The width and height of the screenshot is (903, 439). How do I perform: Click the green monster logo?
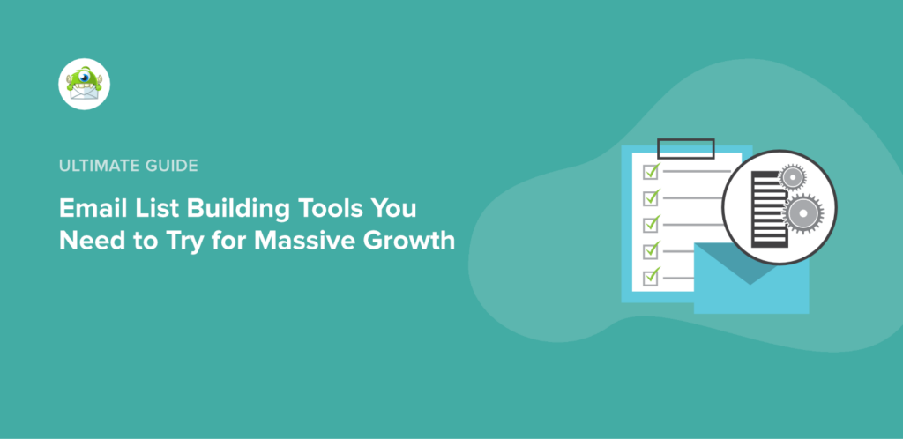(84, 85)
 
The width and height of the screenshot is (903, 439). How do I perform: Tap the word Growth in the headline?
(410, 240)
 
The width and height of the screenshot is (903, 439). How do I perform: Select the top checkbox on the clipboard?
(652, 171)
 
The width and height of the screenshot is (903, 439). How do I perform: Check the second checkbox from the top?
(652, 197)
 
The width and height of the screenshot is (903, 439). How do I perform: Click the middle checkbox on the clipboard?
(652, 224)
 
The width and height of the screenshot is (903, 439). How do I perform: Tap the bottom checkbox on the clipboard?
(652, 277)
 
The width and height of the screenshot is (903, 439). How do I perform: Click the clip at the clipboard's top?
(685, 146)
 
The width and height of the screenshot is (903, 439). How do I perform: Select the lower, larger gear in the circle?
(802, 214)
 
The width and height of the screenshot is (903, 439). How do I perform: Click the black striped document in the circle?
(764, 209)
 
